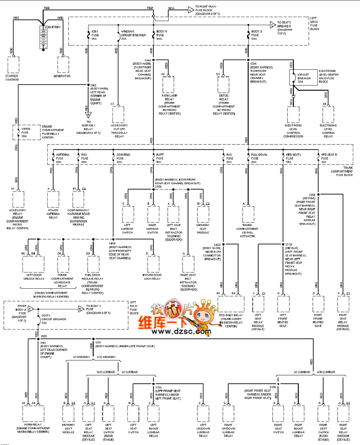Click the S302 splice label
coord(147,60)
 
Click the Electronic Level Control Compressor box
coord(293,114)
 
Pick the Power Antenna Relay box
coord(53,200)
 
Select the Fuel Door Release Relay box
coord(92,265)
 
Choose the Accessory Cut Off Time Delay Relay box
coord(118,114)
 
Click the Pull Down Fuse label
coord(259,158)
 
